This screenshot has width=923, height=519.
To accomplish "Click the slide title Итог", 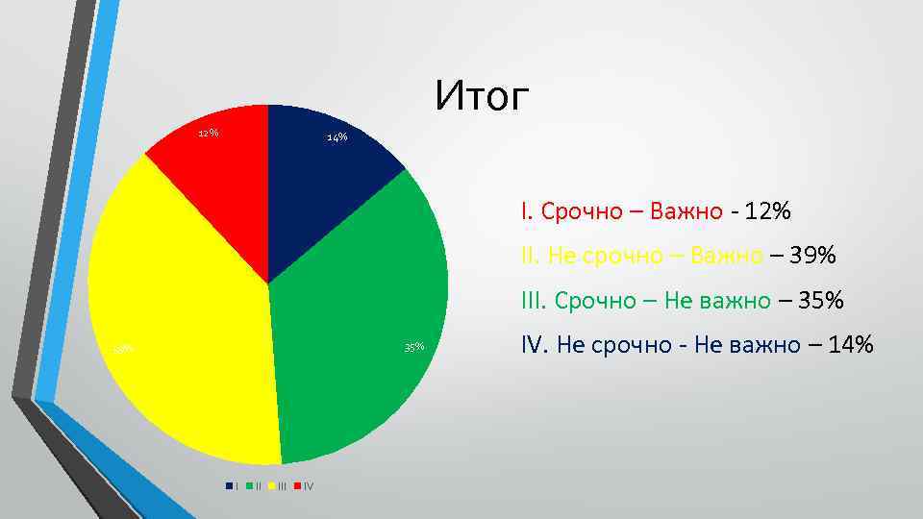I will [x=482, y=96].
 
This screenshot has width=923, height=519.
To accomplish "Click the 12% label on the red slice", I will [x=208, y=133].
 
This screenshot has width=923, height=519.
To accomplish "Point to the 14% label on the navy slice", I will [x=337, y=137].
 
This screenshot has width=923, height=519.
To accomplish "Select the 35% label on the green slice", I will [x=414, y=346].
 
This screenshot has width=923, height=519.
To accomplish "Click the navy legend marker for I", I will [x=228, y=485].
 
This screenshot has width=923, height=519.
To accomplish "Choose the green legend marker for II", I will [x=249, y=485].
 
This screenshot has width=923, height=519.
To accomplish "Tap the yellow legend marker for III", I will [x=271, y=485].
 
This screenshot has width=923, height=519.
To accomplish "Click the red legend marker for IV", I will [x=296, y=485].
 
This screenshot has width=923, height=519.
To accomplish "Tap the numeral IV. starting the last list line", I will [x=534, y=345].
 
